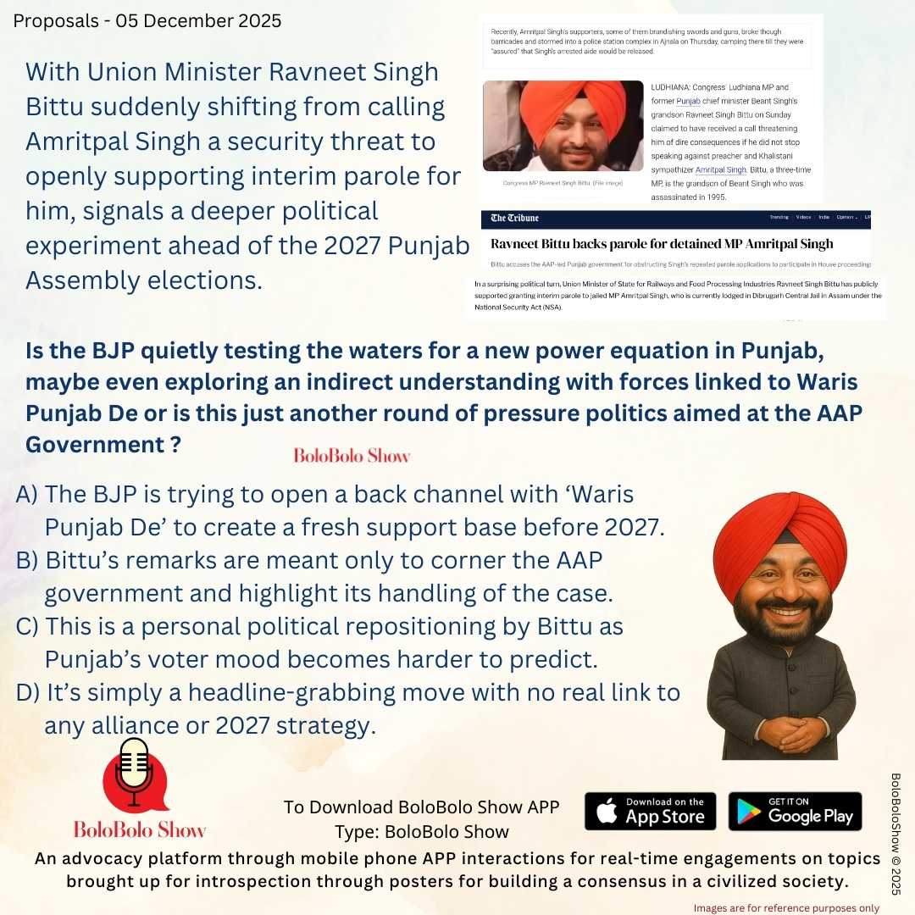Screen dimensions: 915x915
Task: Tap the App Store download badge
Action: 650,811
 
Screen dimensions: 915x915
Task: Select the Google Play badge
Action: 795,811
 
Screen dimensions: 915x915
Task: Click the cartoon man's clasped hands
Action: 780,732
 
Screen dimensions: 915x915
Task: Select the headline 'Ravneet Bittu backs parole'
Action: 662,244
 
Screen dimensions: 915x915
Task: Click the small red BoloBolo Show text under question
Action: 352,456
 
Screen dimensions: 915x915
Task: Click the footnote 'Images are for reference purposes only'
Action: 786,907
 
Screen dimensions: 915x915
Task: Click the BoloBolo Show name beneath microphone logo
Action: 140,829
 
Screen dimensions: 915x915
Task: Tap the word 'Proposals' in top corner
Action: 52,20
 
